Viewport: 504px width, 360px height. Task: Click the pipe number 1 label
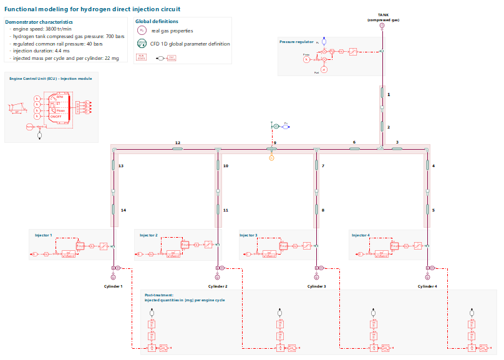point(389,94)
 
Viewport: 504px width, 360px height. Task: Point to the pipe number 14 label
point(123,210)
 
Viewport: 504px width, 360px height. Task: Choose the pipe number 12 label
point(178,143)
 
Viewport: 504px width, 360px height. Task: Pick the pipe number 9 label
point(274,143)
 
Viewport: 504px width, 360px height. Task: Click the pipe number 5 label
point(434,210)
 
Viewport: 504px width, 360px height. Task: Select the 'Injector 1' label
point(44,235)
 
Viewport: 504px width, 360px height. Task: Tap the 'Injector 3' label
point(248,235)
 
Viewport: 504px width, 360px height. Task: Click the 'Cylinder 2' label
point(217,286)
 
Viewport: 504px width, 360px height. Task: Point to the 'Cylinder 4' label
point(427,286)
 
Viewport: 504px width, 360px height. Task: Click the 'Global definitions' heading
point(157,21)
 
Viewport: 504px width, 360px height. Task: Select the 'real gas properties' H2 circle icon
point(142,31)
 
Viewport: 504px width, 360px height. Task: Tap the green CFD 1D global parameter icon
point(142,44)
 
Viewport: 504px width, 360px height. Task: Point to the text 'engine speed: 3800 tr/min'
point(43,29)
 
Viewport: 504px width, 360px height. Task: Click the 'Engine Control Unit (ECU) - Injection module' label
point(51,79)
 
